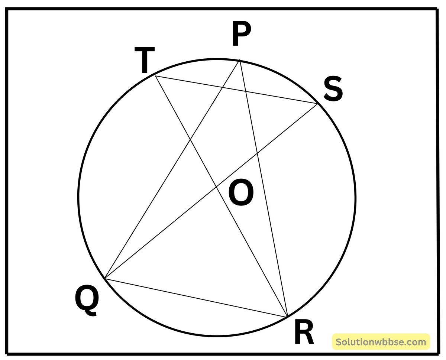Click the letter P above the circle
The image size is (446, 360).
pyautogui.click(x=242, y=33)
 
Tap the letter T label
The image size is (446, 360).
pyautogui.click(x=145, y=60)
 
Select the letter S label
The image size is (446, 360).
pyautogui.click(x=333, y=89)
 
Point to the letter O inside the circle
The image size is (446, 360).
pyautogui.click(x=241, y=192)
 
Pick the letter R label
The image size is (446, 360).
pyautogui.click(x=304, y=331)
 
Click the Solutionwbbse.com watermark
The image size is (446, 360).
pyautogui.click(x=381, y=342)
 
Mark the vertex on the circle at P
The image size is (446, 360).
pyautogui.click(x=240, y=60)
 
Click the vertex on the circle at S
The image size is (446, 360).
pyautogui.click(x=317, y=103)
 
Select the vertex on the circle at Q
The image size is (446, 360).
pyautogui.click(x=105, y=279)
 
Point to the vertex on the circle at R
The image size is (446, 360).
pyautogui.click(x=287, y=317)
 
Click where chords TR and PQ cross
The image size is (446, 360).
pyautogui.click(x=190, y=139)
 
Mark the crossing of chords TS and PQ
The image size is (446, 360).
pyautogui.click(x=222, y=87)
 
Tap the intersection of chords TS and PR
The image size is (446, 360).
pyautogui.click(x=245, y=91)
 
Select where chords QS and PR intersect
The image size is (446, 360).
pyautogui.click(x=257, y=153)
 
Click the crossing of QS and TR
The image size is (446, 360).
pyautogui.click(x=216, y=187)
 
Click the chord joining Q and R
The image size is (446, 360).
pyautogui.click(x=196, y=298)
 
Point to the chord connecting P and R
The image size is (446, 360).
pyautogui.click(x=264, y=189)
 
